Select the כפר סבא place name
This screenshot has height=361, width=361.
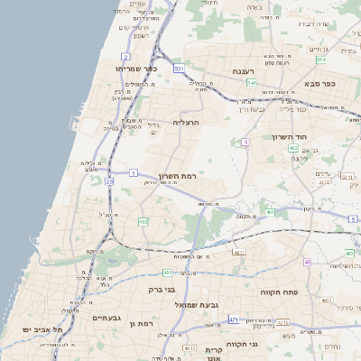[x=319, y=84]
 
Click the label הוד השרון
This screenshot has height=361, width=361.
[x=290, y=137]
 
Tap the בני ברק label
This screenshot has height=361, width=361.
[x=162, y=291]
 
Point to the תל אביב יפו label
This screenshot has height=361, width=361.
[x=42, y=329]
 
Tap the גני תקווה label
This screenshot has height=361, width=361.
[x=265, y=344]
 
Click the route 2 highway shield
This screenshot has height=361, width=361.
[x=140, y=5]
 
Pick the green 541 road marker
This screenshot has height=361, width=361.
[x=252, y=83]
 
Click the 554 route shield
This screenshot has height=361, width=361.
[x=320, y=60]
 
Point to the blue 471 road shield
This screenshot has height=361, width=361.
[x=234, y=319]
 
